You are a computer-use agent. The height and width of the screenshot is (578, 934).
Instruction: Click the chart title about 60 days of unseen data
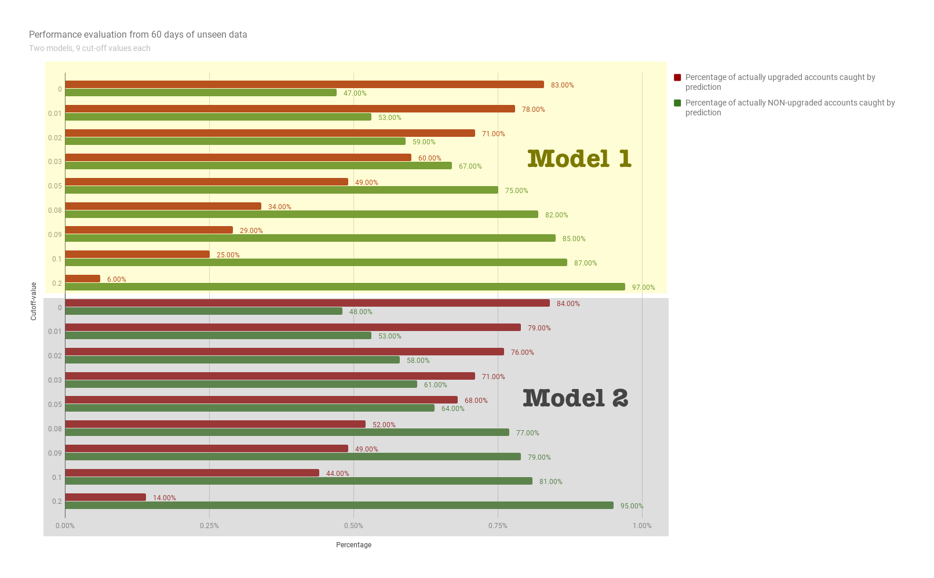click(x=138, y=35)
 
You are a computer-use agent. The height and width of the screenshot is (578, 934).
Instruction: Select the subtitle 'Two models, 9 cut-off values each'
click(x=90, y=48)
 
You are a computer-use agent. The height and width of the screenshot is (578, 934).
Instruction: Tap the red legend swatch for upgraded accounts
click(x=677, y=78)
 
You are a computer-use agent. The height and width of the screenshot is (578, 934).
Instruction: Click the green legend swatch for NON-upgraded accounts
click(x=677, y=103)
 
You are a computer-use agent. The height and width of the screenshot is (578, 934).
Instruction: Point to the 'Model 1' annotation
click(x=579, y=159)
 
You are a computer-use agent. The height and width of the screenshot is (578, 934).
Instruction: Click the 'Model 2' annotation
click(x=575, y=398)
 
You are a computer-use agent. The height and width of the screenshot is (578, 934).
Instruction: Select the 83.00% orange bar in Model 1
click(x=304, y=85)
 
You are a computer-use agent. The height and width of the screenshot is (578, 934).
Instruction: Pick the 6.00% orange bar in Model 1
click(x=83, y=279)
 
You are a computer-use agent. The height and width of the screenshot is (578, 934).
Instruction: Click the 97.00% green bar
click(x=345, y=287)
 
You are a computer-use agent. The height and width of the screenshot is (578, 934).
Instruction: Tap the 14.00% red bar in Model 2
click(x=105, y=497)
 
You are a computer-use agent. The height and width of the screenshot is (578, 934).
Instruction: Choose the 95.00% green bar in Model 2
click(x=339, y=506)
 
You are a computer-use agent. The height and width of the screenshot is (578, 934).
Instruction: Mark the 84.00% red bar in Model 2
click(x=307, y=303)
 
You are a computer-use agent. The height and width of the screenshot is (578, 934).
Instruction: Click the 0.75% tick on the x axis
click(x=498, y=526)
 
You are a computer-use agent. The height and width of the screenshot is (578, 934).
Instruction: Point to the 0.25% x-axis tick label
click(x=209, y=526)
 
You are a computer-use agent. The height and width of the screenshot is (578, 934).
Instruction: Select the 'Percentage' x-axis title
click(x=353, y=545)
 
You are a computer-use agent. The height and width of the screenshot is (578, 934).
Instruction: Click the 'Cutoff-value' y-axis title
click(x=34, y=301)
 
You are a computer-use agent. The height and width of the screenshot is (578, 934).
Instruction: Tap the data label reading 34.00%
click(x=279, y=207)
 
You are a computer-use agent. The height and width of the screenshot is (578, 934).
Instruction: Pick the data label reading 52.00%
click(x=384, y=425)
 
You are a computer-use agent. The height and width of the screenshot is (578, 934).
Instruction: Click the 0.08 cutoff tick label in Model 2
click(x=55, y=429)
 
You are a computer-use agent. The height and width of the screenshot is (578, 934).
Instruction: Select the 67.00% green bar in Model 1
click(x=258, y=166)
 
